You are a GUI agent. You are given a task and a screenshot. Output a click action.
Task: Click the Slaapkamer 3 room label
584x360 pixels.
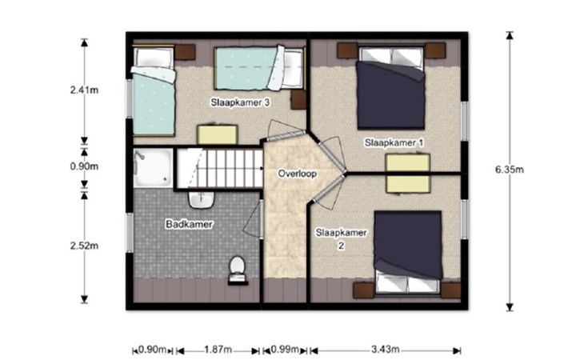click(x=240, y=102)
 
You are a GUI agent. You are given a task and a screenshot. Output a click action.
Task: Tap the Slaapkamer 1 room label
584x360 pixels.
click(x=394, y=142)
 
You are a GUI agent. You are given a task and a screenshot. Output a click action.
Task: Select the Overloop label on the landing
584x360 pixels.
click(x=298, y=174)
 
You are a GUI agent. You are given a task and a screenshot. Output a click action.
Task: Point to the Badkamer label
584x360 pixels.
click(x=190, y=224)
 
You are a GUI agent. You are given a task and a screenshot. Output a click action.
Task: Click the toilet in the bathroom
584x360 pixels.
click(x=238, y=270)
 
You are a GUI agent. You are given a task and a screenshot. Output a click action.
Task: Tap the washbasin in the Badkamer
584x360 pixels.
click(x=202, y=200)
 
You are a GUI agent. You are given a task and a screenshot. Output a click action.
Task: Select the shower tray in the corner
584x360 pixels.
click(x=153, y=167)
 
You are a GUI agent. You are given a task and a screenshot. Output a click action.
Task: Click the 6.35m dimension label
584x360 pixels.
click(x=509, y=170)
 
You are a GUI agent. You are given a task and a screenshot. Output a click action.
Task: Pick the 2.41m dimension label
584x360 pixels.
click(x=84, y=90)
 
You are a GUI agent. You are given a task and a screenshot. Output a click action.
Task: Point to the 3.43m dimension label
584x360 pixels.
click(x=385, y=350)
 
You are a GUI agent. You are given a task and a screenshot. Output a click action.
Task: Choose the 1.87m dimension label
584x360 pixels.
click(x=218, y=350)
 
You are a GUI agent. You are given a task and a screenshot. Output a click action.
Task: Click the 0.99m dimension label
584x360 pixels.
click(x=285, y=350)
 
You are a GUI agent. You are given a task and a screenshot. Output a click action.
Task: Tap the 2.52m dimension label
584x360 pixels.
click(x=84, y=246)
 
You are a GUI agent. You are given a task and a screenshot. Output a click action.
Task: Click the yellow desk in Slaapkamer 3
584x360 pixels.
click(x=218, y=134)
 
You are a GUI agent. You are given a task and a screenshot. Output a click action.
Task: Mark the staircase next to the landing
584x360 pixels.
click(x=219, y=168)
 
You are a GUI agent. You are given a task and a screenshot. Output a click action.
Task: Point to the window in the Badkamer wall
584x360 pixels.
click(x=130, y=233)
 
